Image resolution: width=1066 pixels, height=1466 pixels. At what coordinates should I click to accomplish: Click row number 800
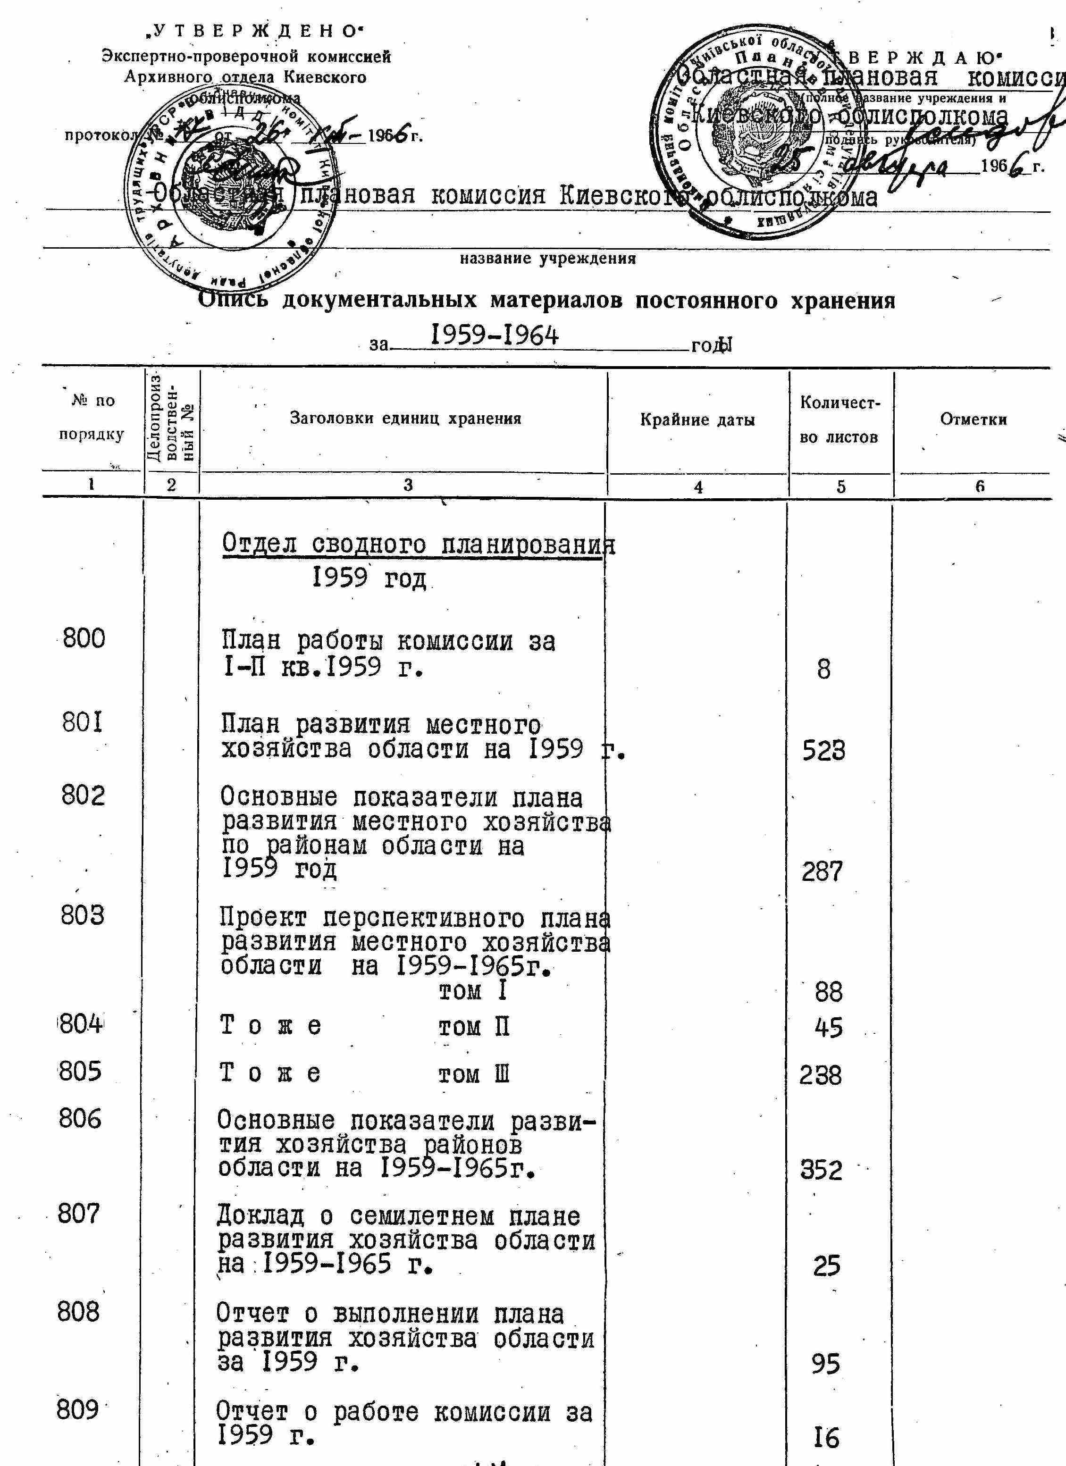click(84, 638)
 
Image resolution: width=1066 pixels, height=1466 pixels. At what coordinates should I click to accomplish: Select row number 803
click(82, 915)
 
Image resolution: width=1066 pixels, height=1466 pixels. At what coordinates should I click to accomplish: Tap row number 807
click(79, 1214)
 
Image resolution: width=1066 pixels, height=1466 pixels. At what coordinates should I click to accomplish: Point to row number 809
click(77, 1410)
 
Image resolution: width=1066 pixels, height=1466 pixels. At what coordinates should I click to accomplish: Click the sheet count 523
click(823, 750)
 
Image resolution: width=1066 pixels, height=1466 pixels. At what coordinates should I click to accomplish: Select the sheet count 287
click(823, 871)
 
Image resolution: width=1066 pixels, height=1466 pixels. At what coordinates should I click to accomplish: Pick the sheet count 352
click(821, 1170)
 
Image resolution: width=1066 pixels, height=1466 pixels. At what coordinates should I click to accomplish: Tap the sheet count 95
click(825, 1364)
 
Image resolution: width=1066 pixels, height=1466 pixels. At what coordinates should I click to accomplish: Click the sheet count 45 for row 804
click(829, 1027)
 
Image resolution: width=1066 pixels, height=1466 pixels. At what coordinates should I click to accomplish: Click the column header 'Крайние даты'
click(697, 420)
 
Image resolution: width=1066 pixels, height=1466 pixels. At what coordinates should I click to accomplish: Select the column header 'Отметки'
click(973, 419)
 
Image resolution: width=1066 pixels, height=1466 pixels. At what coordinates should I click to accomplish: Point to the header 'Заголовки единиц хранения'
click(405, 418)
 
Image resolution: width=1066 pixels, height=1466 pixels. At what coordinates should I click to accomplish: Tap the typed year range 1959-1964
click(495, 335)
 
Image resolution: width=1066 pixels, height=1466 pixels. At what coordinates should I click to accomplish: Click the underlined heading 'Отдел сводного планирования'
click(418, 545)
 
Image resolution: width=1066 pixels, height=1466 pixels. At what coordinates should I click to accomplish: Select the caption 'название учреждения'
click(547, 259)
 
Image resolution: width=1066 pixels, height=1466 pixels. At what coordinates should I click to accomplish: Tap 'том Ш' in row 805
click(474, 1074)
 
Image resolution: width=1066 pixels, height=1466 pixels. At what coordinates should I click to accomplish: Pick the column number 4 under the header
click(697, 487)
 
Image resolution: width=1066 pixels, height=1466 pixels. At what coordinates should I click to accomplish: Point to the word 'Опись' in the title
click(233, 300)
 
